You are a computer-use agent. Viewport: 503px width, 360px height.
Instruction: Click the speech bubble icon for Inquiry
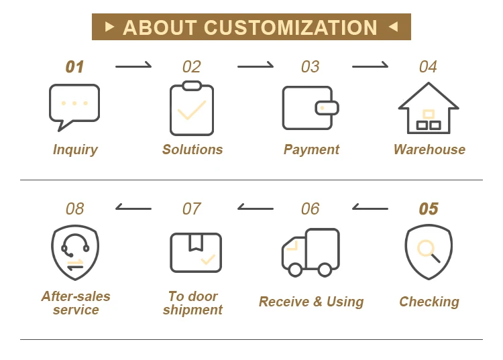pyautogui.click(x=74, y=106)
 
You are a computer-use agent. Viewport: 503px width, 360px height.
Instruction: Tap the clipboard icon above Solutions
pyautogui.click(x=192, y=109)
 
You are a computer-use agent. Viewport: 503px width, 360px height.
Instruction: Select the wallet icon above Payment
pyautogui.click(x=309, y=107)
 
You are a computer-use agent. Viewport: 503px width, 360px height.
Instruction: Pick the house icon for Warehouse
pyautogui.click(x=429, y=108)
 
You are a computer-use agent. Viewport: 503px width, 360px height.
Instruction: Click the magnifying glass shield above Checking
pyautogui.click(x=429, y=251)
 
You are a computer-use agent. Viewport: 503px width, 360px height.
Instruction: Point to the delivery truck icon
pyautogui.click(x=310, y=252)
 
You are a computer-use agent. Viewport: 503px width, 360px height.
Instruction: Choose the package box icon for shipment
pyautogui.click(x=195, y=252)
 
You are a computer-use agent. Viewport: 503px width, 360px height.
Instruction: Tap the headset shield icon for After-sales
pyautogui.click(x=75, y=252)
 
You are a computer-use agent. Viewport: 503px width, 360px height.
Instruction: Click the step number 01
pyautogui.click(x=74, y=67)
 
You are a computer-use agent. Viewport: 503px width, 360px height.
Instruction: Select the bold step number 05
pyautogui.click(x=429, y=209)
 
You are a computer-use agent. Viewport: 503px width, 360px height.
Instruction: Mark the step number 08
pyautogui.click(x=75, y=209)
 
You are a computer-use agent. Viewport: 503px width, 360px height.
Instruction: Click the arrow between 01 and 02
pyautogui.click(x=133, y=66)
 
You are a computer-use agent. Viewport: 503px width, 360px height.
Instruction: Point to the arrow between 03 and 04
pyautogui.click(x=370, y=66)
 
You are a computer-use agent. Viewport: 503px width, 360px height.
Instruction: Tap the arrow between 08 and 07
pyautogui.click(x=133, y=208)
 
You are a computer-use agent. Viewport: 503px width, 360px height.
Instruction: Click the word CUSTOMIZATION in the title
pyautogui.click(x=290, y=27)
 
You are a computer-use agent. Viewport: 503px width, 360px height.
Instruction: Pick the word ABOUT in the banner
pyautogui.click(x=160, y=27)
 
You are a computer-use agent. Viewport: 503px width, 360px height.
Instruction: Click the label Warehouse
pyautogui.click(x=429, y=149)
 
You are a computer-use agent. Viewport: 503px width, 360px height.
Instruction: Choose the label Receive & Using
pyautogui.click(x=311, y=302)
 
